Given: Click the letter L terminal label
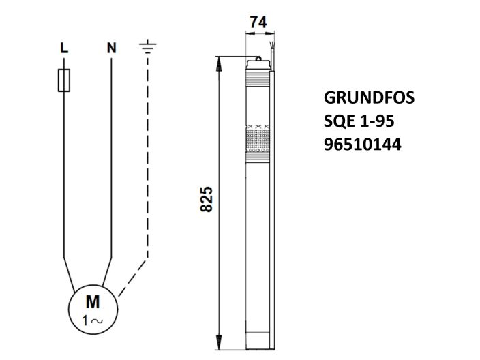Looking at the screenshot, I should point(63,48).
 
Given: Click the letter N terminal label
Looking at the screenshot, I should point(111,48).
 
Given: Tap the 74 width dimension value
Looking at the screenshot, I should point(257,22).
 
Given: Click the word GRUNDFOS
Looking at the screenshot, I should point(367,97).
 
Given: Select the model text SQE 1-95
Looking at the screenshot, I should point(358,121).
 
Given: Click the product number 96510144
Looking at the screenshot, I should point(362,145).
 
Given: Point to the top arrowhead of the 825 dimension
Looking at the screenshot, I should point(220,61).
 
